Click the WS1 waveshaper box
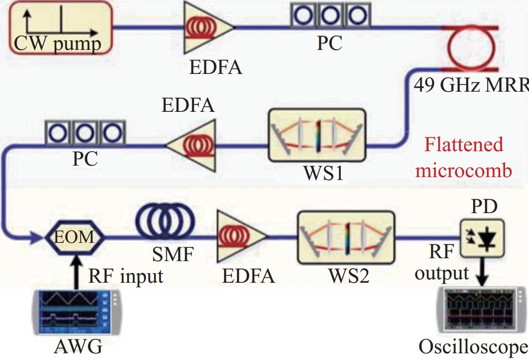tap(317, 135)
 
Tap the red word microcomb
tap(464, 170)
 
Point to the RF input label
tap(126, 276)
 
